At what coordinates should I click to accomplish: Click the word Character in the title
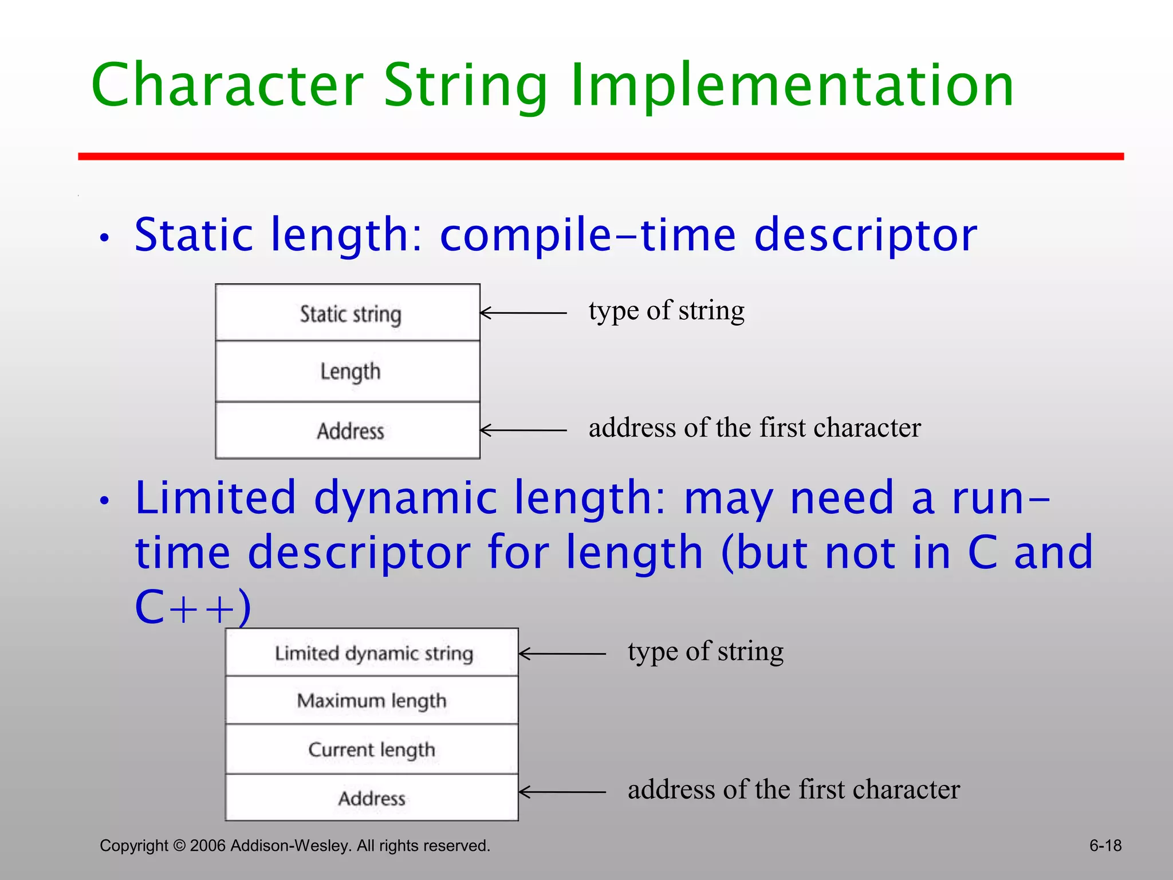[227, 86]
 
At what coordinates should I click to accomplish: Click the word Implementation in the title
[792, 86]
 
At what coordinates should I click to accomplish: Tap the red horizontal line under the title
[600, 156]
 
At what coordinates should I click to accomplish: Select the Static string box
[348, 313]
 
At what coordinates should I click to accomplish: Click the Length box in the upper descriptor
[348, 371]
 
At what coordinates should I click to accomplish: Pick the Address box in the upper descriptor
[348, 430]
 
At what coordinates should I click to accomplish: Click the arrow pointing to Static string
[522, 313]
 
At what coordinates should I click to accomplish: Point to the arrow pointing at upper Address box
[522, 430]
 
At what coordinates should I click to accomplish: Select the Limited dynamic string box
[372, 653]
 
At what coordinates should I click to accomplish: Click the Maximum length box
[372, 701]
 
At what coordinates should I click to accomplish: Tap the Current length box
[372, 749]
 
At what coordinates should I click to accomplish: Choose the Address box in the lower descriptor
[372, 797]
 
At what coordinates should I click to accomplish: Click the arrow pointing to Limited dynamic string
[561, 653]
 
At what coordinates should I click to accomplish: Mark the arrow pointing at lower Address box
[561, 792]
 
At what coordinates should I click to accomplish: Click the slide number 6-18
[1105, 846]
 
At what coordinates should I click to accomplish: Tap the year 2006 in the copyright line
[208, 846]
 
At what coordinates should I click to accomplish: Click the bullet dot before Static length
[104, 238]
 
